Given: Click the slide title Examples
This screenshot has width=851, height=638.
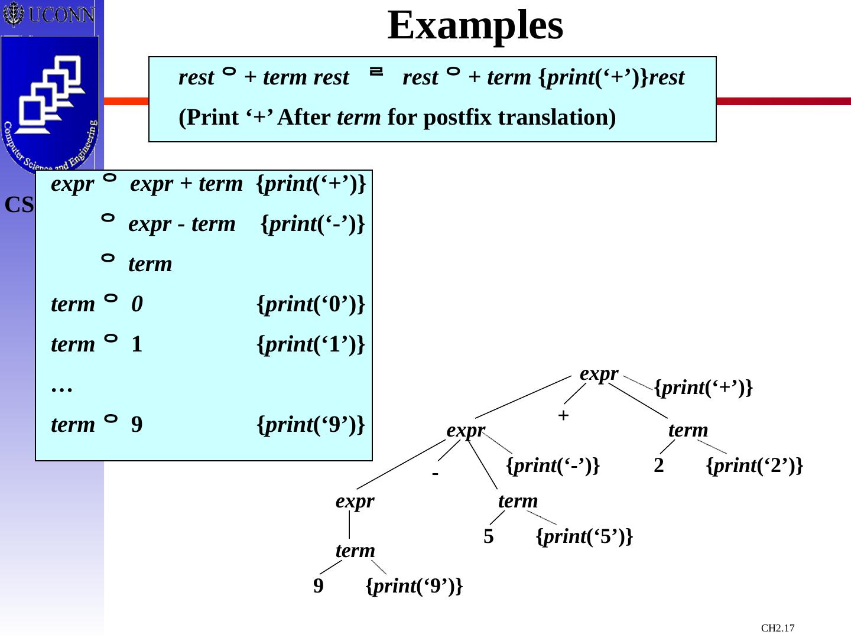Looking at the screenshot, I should [x=475, y=25].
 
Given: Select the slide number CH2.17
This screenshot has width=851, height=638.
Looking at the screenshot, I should [x=778, y=628].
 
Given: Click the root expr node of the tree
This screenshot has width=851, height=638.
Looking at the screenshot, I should [x=599, y=373].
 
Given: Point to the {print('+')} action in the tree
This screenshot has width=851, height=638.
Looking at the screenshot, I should [x=703, y=388].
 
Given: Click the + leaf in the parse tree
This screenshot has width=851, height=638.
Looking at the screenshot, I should [x=563, y=415].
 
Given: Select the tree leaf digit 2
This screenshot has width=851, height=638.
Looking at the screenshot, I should [x=659, y=466].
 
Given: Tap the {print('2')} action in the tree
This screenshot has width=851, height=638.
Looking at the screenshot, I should [x=755, y=466].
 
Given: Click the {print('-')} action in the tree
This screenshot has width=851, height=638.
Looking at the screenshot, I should [x=553, y=466].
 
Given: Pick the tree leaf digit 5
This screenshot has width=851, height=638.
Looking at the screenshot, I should [x=488, y=536].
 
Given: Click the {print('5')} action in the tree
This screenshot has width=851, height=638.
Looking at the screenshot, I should [x=584, y=536].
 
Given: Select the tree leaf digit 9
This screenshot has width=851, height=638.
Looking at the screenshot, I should [x=319, y=586].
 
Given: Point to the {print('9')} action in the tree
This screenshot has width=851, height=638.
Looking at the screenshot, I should [x=414, y=586].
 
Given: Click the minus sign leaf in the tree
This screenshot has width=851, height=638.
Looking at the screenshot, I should [x=435, y=474].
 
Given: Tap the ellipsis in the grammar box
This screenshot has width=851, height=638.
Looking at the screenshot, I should [x=61, y=387].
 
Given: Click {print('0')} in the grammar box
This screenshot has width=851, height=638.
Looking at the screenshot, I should [x=311, y=304].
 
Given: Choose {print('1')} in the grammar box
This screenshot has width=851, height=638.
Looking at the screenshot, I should [x=311, y=344].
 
